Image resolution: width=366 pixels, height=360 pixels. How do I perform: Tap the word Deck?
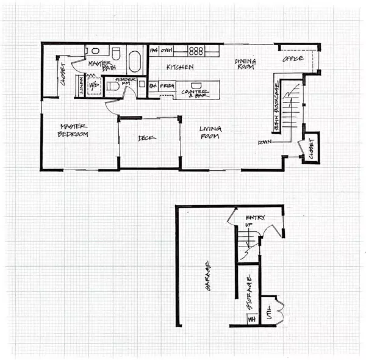click(148, 138)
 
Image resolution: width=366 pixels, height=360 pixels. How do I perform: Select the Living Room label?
click(210, 132)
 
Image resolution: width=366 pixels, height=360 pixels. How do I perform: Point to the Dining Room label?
click(245, 63)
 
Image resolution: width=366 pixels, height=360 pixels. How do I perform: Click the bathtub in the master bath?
click(134, 62)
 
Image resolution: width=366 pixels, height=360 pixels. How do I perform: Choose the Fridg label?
click(167, 87)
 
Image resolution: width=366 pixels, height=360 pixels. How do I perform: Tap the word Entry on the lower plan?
click(254, 218)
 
